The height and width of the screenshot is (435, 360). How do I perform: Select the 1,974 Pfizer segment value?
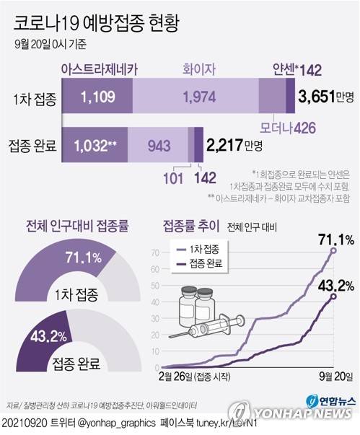(196, 96)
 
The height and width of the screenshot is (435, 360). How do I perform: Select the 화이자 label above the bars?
(196, 69)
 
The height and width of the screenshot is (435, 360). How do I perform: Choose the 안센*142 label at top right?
(297, 69)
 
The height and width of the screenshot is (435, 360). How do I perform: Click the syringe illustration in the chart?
(209, 323)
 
